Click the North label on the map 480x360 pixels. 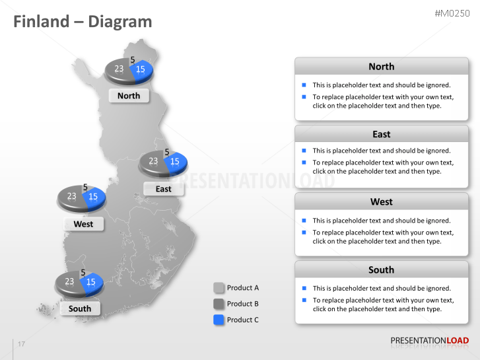(129, 96)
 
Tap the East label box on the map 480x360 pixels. (163, 189)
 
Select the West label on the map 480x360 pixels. (83, 224)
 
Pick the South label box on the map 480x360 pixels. (80, 308)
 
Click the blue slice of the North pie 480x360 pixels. (142, 69)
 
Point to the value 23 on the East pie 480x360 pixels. (153, 161)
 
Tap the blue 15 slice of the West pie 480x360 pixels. (94, 196)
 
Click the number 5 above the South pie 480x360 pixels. (83, 273)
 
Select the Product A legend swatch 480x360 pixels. (219, 288)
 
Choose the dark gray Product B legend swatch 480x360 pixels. (219, 304)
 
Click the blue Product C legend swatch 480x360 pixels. (219, 320)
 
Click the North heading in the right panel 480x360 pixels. (381, 67)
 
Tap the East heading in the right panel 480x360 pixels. (381, 134)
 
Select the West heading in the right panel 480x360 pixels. (381, 201)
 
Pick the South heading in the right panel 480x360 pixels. (381, 270)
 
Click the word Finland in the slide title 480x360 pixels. (41, 21)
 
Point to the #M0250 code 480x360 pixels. (452, 13)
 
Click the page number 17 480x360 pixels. (21, 344)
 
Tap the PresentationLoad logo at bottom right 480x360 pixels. (429, 341)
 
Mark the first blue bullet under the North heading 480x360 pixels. (304, 85)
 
